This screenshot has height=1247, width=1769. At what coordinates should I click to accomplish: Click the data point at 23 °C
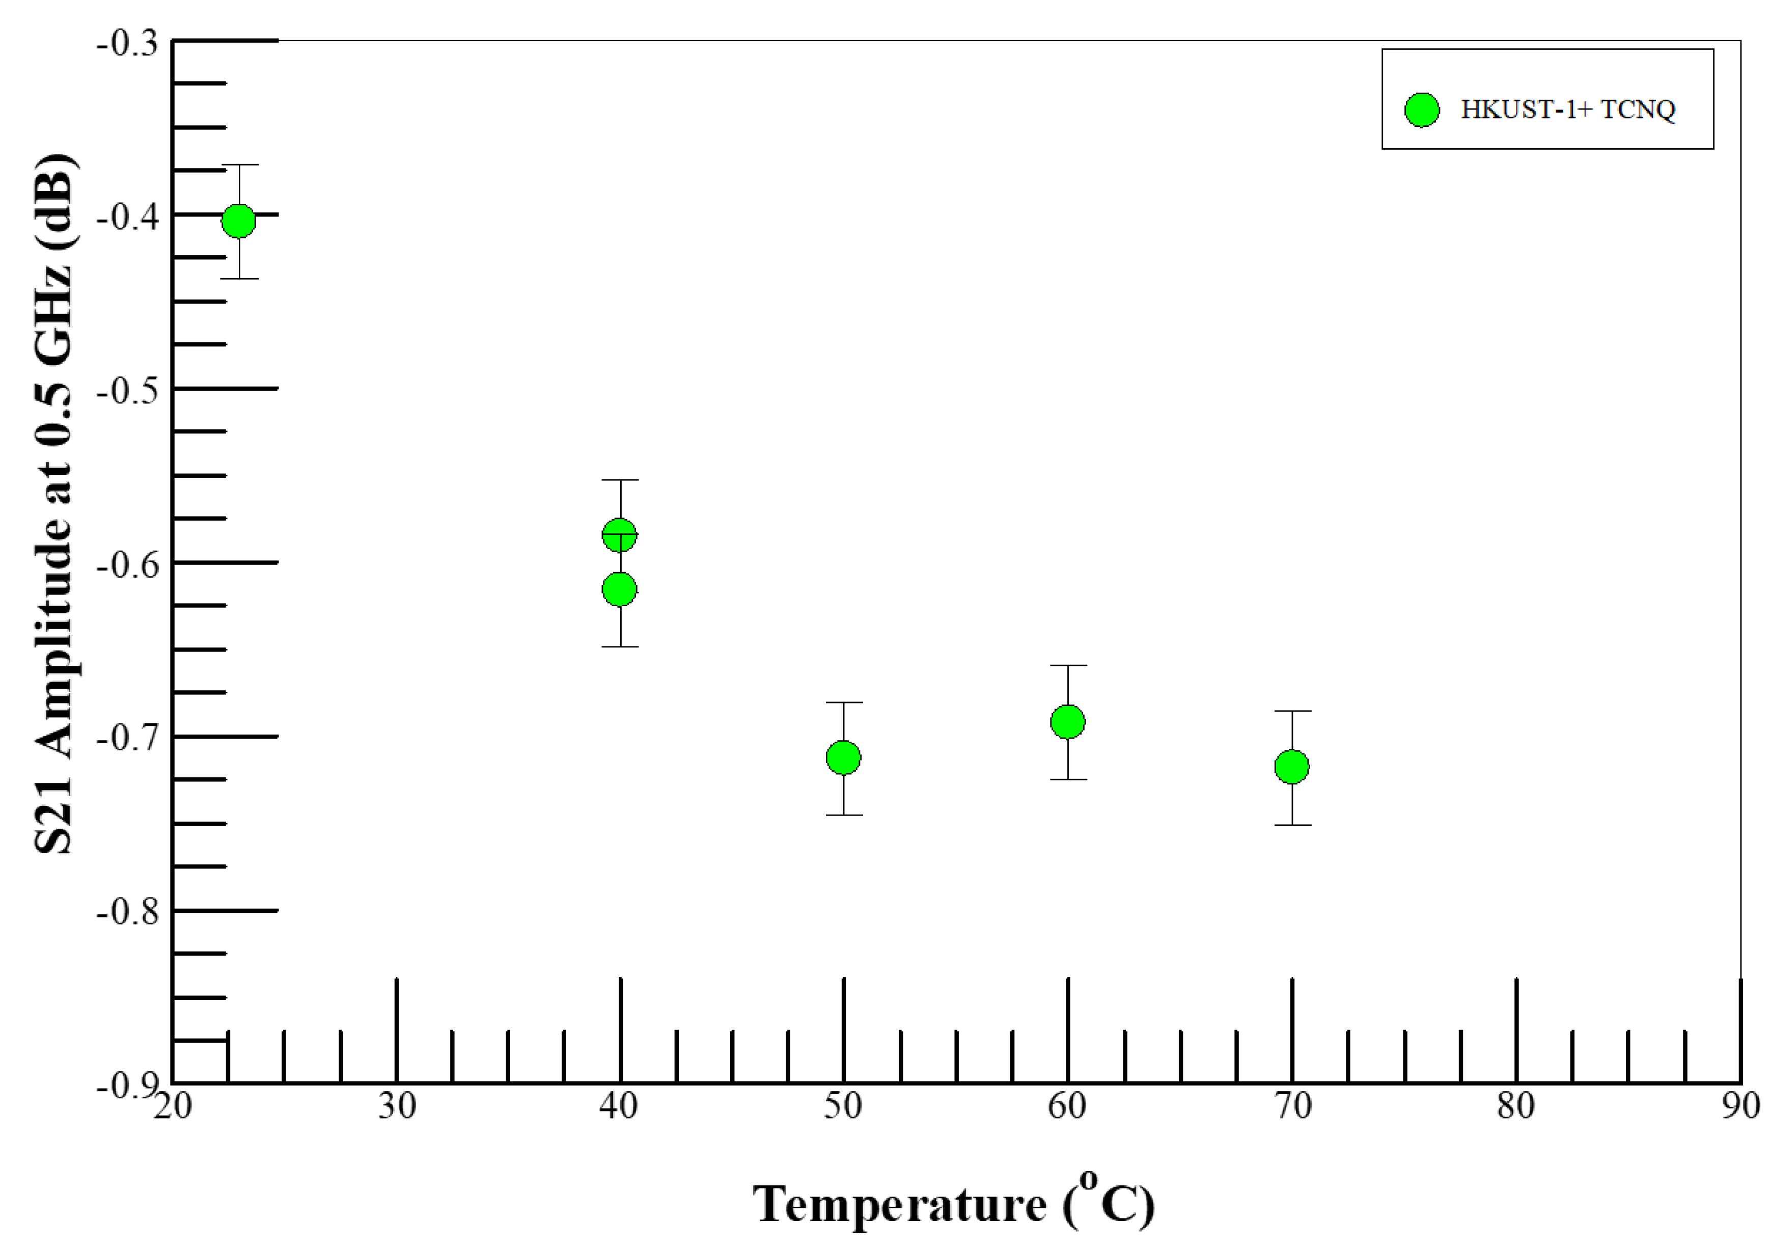(x=239, y=221)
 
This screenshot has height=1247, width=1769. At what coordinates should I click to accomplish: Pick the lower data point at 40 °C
(x=620, y=590)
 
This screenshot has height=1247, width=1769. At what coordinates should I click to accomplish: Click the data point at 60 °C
(x=1068, y=722)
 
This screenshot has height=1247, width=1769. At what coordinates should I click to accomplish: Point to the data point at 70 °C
(x=1292, y=767)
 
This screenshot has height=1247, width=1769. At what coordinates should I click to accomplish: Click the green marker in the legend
(x=1422, y=110)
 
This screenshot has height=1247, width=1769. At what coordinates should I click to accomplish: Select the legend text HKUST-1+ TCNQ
(x=1568, y=110)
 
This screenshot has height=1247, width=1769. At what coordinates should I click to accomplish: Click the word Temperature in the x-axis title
(x=899, y=1205)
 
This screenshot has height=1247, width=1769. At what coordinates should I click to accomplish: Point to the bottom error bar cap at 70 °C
(x=1292, y=825)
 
